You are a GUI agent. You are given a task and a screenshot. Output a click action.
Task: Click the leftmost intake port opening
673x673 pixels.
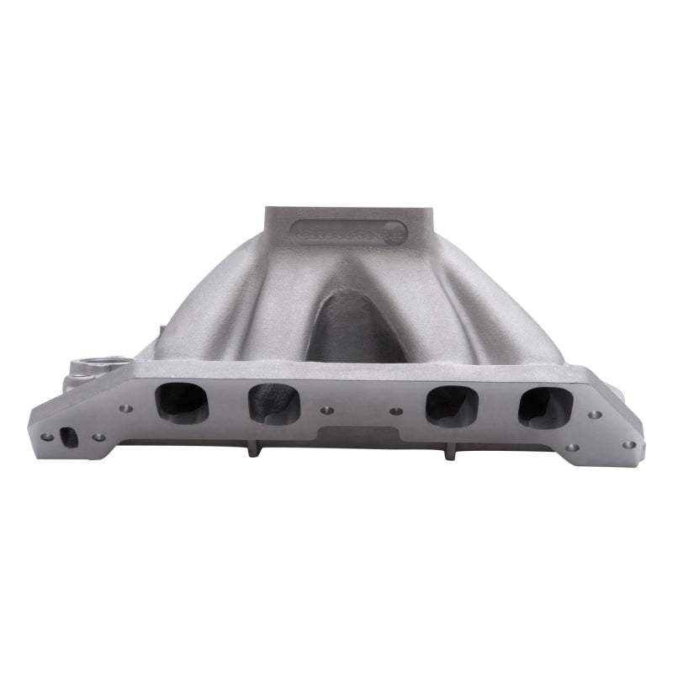[x=181, y=402]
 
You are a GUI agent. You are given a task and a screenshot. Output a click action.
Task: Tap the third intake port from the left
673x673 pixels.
[x=451, y=405]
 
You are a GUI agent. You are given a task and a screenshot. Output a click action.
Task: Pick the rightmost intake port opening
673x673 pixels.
[x=545, y=406]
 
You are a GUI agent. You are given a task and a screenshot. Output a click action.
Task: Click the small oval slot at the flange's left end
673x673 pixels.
[x=69, y=437]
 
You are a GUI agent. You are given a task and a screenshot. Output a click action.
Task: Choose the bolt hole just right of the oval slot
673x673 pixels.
[x=98, y=437]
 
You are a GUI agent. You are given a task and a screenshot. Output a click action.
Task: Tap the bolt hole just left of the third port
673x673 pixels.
[x=396, y=411]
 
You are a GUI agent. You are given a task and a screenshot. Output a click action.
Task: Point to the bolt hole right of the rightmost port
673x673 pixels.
[x=595, y=415]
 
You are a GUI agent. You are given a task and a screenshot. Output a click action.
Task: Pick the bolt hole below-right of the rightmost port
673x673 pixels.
[x=572, y=447]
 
